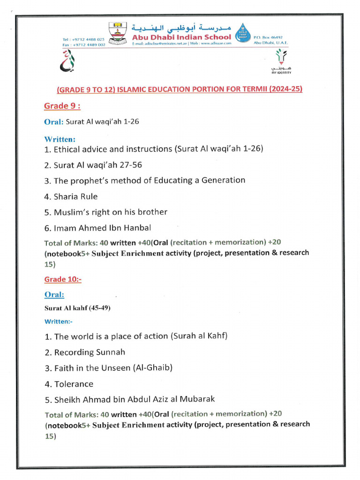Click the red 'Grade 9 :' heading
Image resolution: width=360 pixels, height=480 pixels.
(x=62, y=106)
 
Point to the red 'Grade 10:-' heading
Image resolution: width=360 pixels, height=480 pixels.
(x=63, y=279)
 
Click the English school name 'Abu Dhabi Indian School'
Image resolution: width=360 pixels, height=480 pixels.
(x=181, y=37)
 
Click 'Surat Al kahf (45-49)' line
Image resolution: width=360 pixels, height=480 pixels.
(x=77, y=308)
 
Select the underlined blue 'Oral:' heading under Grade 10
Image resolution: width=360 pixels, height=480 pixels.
(x=54, y=294)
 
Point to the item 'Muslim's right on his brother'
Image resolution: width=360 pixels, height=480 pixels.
(x=106, y=212)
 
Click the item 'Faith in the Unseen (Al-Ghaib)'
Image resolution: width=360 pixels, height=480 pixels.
(x=109, y=368)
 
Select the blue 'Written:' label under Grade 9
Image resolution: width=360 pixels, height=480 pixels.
(x=60, y=139)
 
